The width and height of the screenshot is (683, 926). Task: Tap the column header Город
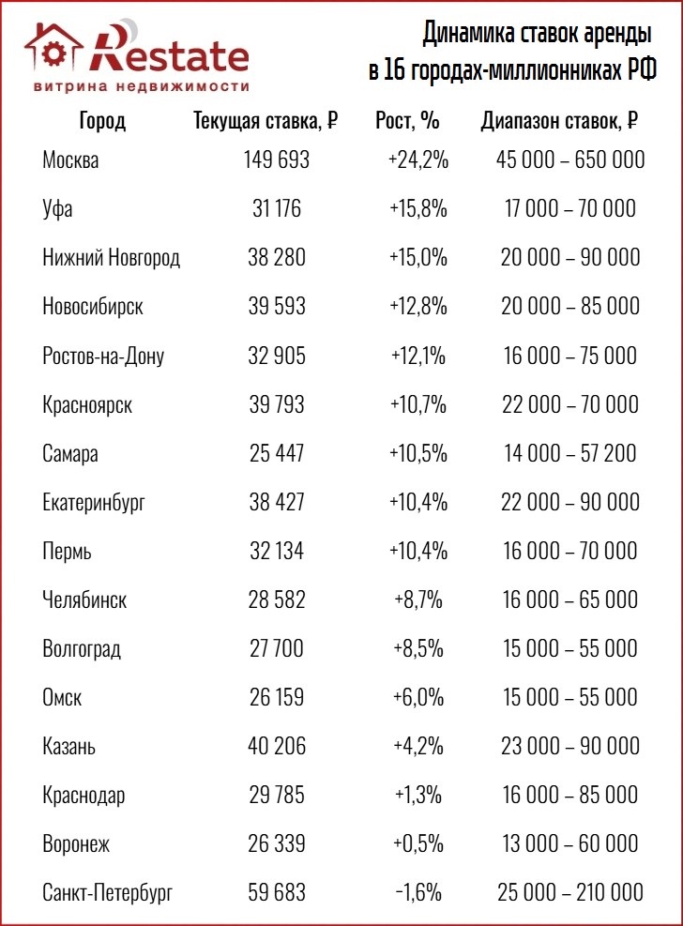[102, 120]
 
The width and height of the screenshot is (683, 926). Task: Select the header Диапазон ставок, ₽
[559, 120]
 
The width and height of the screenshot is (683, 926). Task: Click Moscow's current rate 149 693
[276, 159]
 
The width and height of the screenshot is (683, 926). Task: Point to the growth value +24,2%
[417, 159]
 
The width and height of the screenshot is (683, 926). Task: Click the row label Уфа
[57, 208]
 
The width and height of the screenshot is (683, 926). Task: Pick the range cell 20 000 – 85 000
[569, 306]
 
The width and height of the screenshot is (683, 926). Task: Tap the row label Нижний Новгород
[111, 257]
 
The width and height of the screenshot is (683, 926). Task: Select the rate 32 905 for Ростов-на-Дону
[277, 355]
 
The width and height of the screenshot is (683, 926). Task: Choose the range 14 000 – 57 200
[569, 453]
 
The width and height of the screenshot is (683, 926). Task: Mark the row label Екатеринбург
[94, 502]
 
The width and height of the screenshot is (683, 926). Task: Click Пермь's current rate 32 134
[277, 551]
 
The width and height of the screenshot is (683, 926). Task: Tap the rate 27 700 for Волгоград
[277, 648]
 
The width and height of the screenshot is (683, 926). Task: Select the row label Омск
[62, 697]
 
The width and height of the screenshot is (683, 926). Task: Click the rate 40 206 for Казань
[277, 746]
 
